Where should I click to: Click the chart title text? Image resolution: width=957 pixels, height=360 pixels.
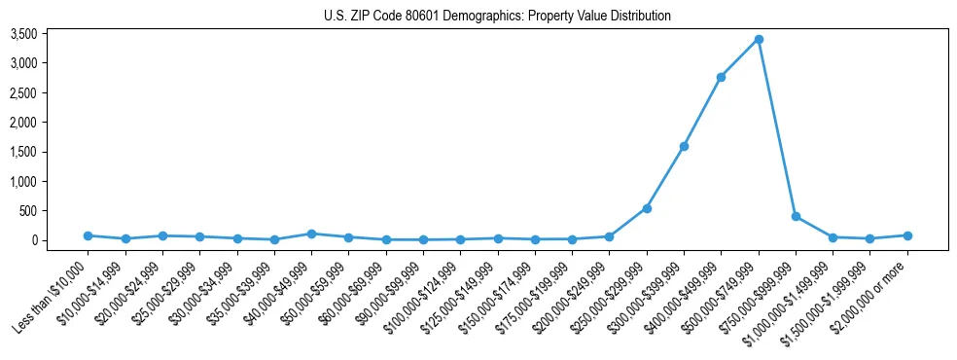click(497, 17)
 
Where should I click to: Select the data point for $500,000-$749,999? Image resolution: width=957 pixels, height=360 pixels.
click(759, 39)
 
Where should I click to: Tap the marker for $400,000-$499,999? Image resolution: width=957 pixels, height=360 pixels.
click(721, 77)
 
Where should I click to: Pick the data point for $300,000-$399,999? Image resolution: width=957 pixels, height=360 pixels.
click(684, 146)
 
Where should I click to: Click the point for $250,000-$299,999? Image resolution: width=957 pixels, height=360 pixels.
click(647, 208)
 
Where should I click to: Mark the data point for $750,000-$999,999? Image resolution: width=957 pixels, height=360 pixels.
click(796, 216)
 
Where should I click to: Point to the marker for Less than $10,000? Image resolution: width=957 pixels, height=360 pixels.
click(88, 235)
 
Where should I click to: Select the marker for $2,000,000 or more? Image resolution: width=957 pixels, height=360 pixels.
click(907, 235)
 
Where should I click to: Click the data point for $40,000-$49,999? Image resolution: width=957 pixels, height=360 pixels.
click(311, 234)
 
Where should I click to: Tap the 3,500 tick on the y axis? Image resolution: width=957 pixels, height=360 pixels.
click(51, 34)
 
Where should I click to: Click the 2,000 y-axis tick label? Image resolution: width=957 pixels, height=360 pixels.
click(51, 123)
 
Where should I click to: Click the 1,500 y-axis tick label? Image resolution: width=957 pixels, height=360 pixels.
click(51, 152)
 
